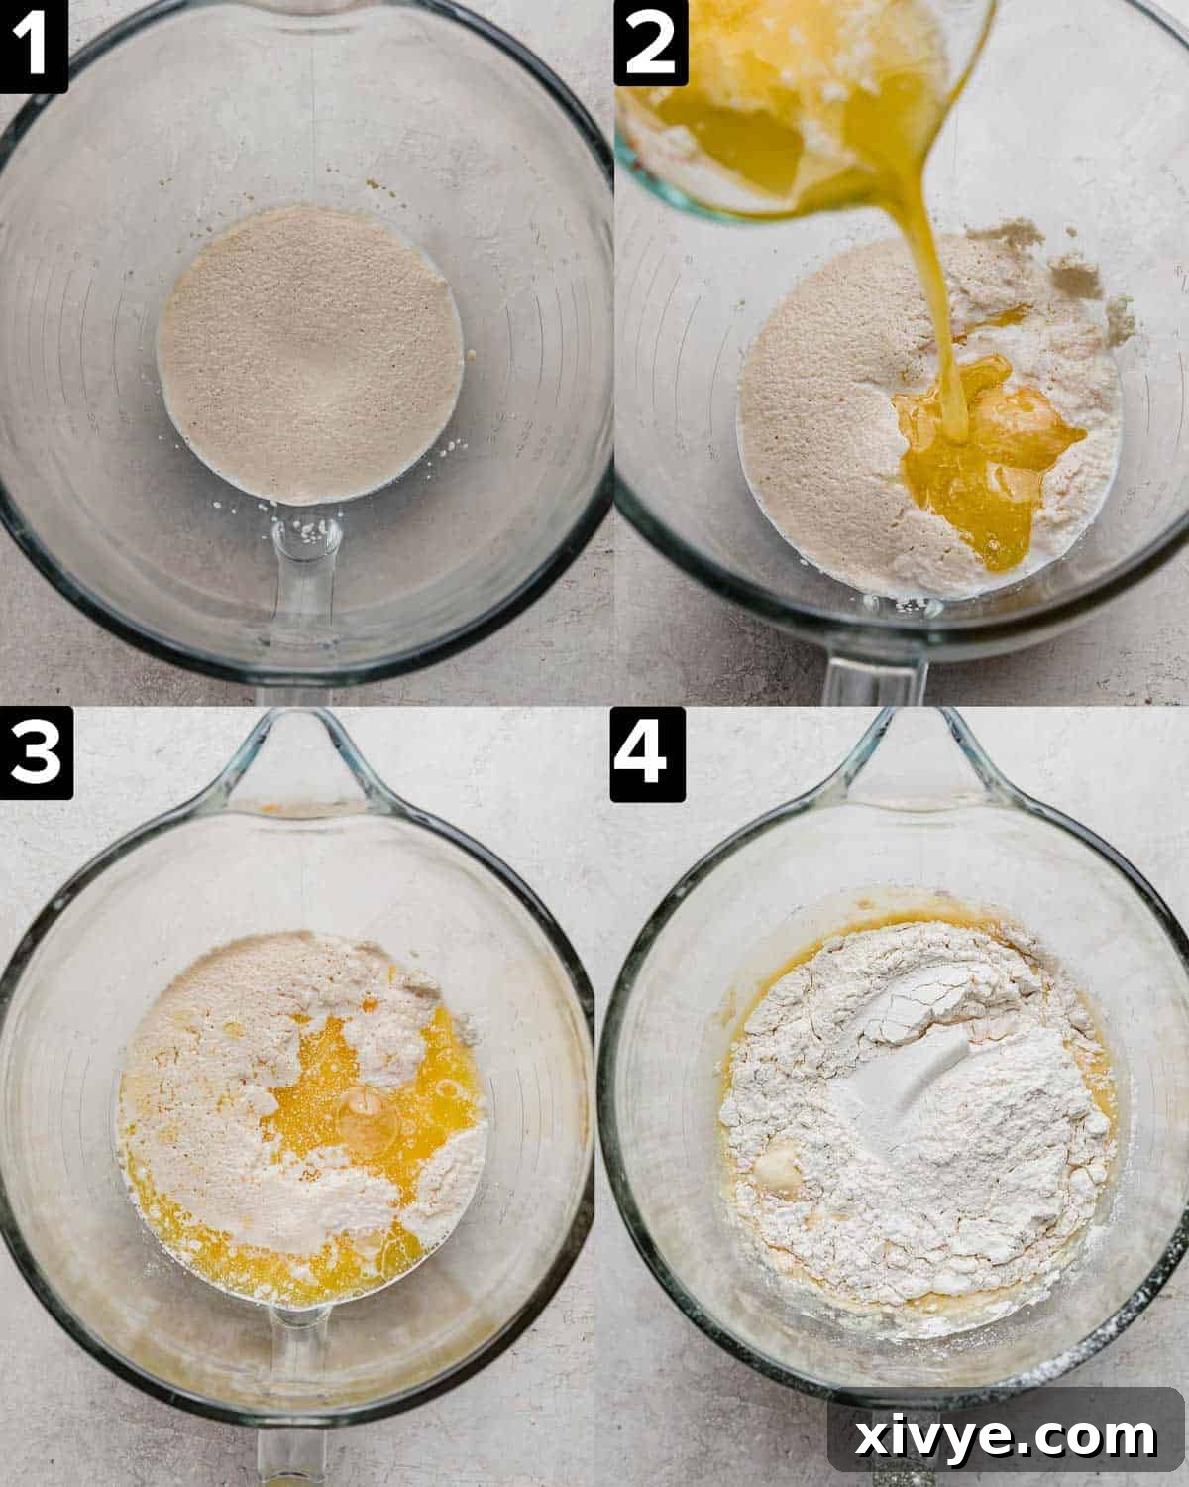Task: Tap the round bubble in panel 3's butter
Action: [x=369, y=1115]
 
